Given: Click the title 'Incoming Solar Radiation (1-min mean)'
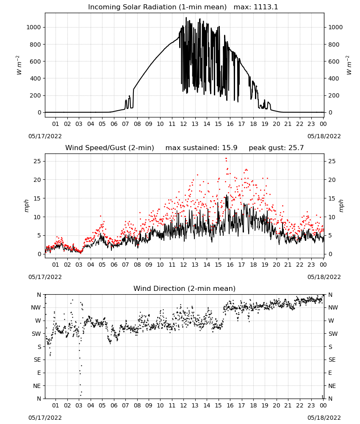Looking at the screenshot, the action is pyautogui.click(x=157, y=7).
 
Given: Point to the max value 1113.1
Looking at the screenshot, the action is pyautogui.click(x=266, y=7).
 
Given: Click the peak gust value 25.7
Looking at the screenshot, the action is pyautogui.click(x=295, y=148).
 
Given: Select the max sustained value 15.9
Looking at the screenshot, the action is pyautogui.click(x=230, y=148).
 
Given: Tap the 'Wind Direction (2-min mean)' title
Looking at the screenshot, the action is pyautogui.click(x=185, y=288).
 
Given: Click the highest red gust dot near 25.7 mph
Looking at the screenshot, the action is pyautogui.click(x=226, y=159).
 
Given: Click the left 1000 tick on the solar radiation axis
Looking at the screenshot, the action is pyautogui.click(x=33, y=27).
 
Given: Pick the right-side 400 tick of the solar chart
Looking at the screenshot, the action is pyautogui.click(x=334, y=78).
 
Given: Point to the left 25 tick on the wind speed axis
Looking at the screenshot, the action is pyautogui.click(x=37, y=161).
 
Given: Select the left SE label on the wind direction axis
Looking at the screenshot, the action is pyautogui.click(x=37, y=360).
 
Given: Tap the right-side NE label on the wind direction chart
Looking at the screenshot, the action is pyautogui.click(x=332, y=386).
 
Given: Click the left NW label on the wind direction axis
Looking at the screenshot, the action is pyautogui.click(x=36, y=308).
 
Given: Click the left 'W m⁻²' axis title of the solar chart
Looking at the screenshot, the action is pyautogui.click(x=19, y=65).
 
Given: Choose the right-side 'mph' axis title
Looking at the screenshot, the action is pyautogui.click(x=341, y=206).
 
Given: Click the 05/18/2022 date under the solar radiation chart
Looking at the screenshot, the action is pyautogui.click(x=324, y=136).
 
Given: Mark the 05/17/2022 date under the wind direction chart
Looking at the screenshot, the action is pyautogui.click(x=45, y=418).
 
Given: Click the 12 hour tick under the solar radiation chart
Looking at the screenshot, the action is pyautogui.click(x=183, y=124).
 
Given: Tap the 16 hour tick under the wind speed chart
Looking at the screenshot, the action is pyautogui.click(x=230, y=265).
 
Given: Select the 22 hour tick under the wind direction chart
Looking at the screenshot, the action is pyautogui.click(x=299, y=405).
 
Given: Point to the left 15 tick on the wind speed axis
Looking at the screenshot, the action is pyautogui.click(x=37, y=198).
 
